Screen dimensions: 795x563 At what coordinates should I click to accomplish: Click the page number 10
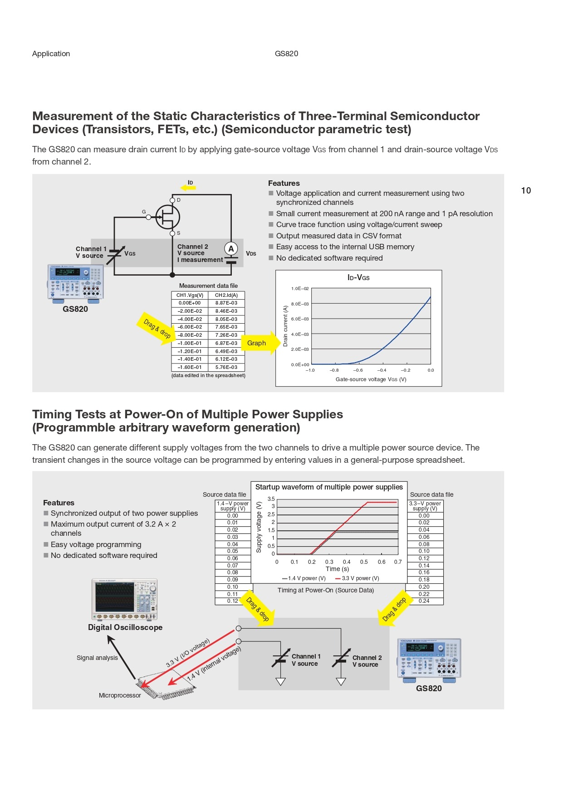pos(526,190)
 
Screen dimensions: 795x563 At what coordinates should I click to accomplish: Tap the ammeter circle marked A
pos(231,248)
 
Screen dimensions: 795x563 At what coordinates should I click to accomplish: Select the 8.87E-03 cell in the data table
pos(226,303)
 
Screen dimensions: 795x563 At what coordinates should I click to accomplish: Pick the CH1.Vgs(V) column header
pos(190,295)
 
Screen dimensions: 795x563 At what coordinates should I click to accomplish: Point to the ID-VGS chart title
pos(358,277)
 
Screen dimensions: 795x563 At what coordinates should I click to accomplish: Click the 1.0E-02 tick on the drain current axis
pos(300,289)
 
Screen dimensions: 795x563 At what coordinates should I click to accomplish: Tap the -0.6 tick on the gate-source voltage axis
pos(358,370)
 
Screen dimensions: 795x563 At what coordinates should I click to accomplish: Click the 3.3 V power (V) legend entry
pos(357,578)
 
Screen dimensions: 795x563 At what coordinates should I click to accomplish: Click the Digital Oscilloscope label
pos(125,627)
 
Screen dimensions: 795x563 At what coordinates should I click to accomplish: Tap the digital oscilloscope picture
pos(124,599)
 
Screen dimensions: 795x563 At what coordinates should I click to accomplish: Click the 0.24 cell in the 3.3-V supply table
pos(424,601)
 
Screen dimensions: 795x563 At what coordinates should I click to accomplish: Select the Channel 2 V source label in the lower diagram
pos(367,661)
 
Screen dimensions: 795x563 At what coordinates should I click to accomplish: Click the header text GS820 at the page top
pos(286,53)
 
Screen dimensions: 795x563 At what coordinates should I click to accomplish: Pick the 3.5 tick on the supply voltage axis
pos(271,499)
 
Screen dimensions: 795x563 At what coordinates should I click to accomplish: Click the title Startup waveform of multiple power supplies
pos(329,487)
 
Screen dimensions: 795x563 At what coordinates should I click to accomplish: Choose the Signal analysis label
pos(97,658)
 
